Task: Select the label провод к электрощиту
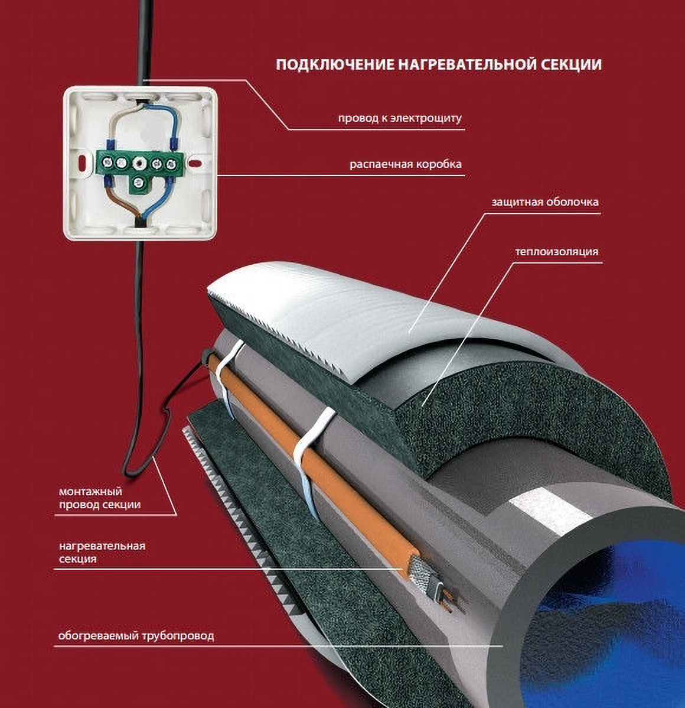pyautogui.click(x=400, y=118)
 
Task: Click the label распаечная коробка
pyautogui.click(x=406, y=164)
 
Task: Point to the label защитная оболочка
pyautogui.click(x=545, y=202)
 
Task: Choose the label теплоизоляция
pyautogui.click(x=557, y=252)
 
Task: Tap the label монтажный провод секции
pyautogui.click(x=100, y=498)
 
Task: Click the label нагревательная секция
pyautogui.click(x=102, y=552)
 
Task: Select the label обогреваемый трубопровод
pyautogui.click(x=136, y=636)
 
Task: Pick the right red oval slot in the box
pyautogui.click(x=195, y=162)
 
